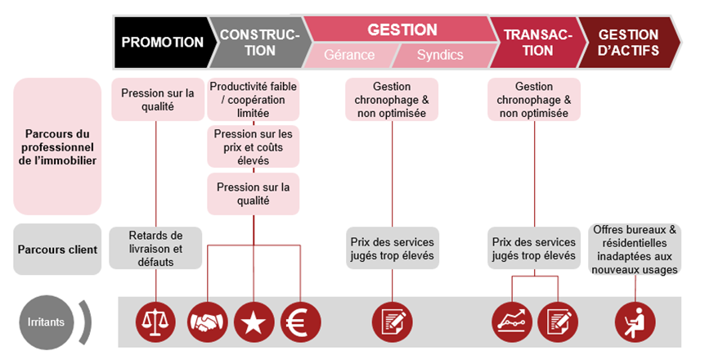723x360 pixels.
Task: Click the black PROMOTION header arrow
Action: click(x=161, y=43)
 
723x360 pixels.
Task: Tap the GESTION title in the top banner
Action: click(x=402, y=29)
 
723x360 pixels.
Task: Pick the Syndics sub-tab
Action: click(x=440, y=56)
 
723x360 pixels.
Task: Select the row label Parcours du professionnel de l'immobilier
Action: click(x=57, y=146)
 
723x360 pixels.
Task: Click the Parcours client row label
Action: click(x=57, y=250)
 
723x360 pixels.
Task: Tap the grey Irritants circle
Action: click(x=46, y=322)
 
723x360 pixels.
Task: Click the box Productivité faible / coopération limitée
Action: click(x=254, y=100)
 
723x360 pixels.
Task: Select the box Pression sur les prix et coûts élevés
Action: click(x=254, y=146)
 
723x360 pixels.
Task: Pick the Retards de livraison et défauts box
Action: click(x=155, y=248)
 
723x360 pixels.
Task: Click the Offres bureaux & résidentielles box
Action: click(x=635, y=250)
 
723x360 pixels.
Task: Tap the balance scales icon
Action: click(x=156, y=322)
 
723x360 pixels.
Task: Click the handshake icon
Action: click(x=208, y=322)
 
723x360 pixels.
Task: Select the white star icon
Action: click(x=254, y=322)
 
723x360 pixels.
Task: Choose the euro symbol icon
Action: click(x=301, y=322)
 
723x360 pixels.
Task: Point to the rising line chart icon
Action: click(x=512, y=322)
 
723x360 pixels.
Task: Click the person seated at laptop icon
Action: click(x=635, y=322)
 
